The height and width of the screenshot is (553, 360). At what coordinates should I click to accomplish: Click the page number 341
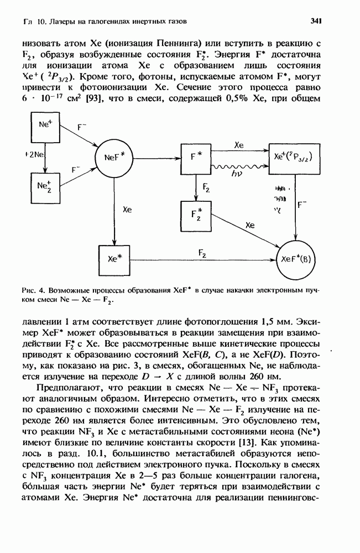(x=316, y=21)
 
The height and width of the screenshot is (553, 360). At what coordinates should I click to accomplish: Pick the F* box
(x=196, y=157)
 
